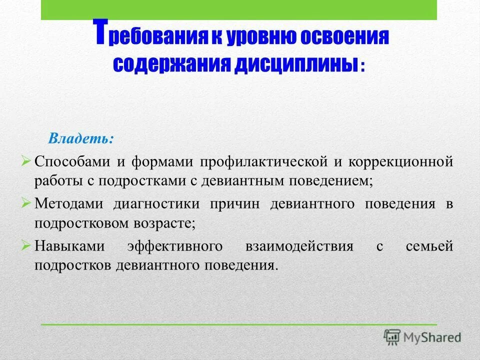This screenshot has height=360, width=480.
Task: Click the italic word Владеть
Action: (x=80, y=138)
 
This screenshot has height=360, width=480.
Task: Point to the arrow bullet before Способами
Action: (x=27, y=161)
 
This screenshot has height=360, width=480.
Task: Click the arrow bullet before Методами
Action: (x=27, y=203)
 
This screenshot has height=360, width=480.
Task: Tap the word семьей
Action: (x=429, y=246)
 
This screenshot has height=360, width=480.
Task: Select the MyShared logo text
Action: (x=432, y=337)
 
